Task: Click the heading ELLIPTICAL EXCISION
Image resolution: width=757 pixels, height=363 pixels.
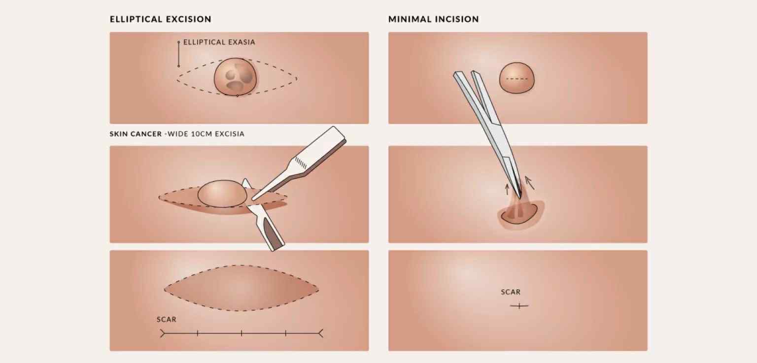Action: point(160,19)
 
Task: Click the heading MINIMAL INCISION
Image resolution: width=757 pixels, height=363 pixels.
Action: point(433,19)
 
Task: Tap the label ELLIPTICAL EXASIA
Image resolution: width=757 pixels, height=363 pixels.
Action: point(219,42)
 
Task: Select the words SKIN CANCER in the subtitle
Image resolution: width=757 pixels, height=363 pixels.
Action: point(136,134)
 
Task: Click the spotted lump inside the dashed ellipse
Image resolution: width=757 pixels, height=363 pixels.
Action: point(236,77)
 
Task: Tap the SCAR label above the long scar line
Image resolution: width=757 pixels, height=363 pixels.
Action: point(166,320)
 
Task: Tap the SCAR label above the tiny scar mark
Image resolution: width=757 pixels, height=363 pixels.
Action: point(511,292)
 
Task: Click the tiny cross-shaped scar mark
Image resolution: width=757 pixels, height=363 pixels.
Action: point(519,306)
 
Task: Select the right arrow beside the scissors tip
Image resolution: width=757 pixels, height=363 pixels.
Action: point(529,182)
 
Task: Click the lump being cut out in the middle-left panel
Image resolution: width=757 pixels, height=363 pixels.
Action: point(222,193)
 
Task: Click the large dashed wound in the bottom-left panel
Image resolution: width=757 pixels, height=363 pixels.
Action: point(241,288)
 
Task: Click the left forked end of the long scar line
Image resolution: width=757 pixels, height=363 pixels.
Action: point(163,333)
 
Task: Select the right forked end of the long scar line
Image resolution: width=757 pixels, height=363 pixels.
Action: point(320,333)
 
